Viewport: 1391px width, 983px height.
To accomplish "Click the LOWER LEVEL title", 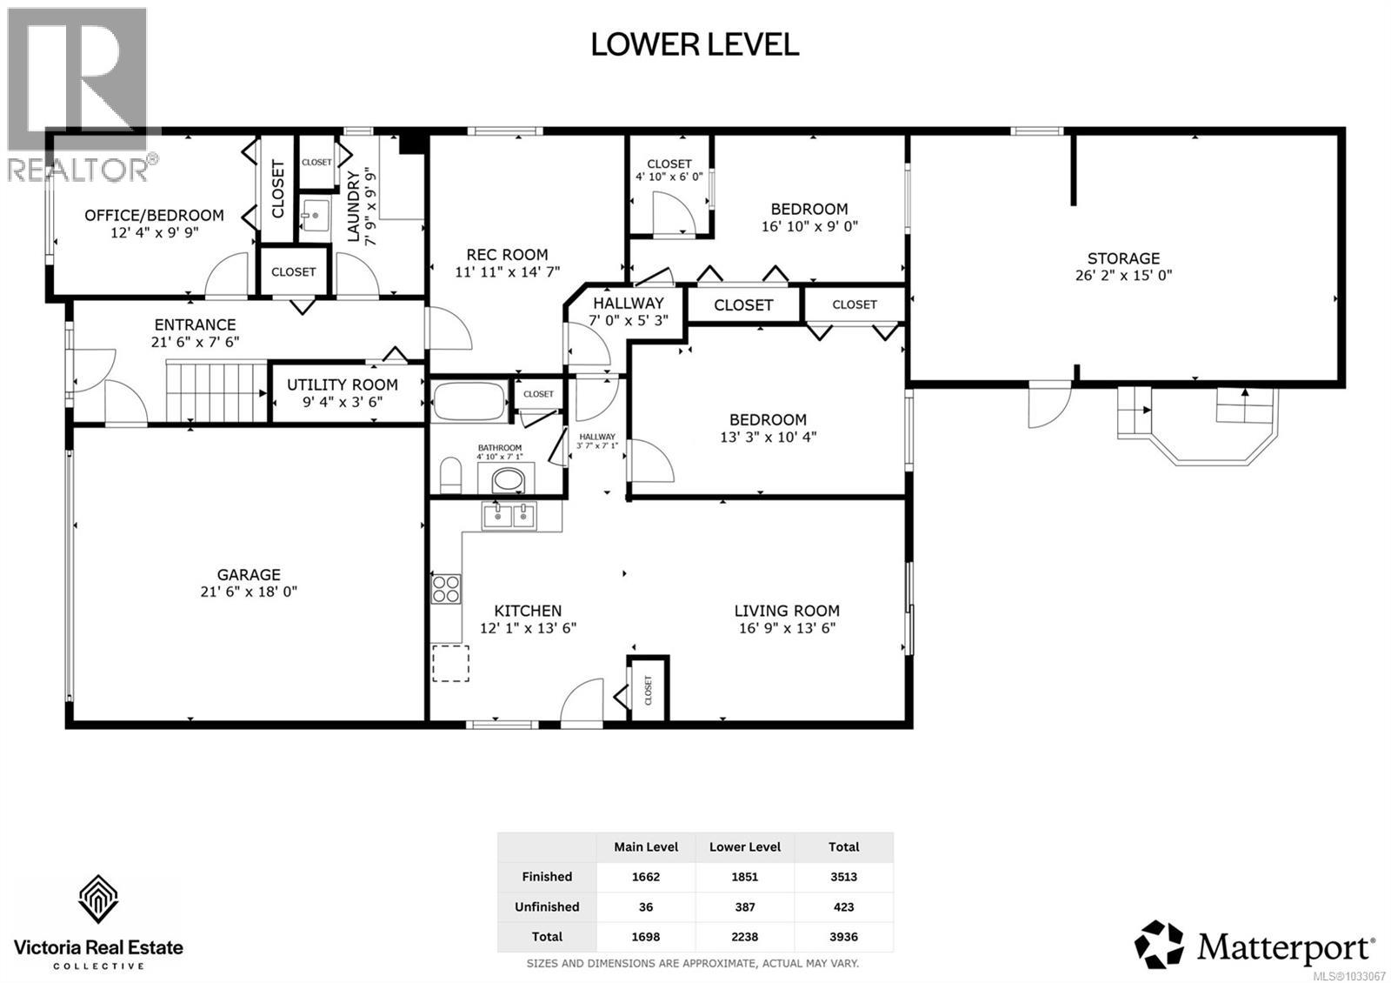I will pyautogui.click(x=695, y=44).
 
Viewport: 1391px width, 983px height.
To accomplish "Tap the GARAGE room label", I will pyautogui.click(x=249, y=574).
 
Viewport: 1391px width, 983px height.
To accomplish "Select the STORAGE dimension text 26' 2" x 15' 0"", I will pyautogui.click(x=1123, y=276).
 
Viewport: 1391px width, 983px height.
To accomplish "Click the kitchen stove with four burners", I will pyautogui.click(x=446, y=589).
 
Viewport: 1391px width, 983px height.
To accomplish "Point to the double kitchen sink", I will pyautogui.click(x=510, y=516).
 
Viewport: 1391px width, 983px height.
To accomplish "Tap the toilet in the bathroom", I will pyautogui.click(x=449, y=477).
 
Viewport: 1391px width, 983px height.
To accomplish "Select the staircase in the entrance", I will pyautogui.click(x=216, y=391).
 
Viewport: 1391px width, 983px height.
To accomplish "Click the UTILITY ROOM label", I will pyautogui.click(x=343, y=385).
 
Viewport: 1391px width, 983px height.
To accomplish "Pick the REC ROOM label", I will pyautogui.click(x=507, y=255).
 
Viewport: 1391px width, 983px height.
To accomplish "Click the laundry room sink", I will pyautogui.click(x=315, y=214).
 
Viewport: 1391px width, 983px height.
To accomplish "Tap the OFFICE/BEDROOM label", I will pyautogui.click(x=154, y=215).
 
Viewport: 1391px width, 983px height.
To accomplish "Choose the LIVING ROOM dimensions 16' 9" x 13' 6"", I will pyautogui.click(x=787, y=628).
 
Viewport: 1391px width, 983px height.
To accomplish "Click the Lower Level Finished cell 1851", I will pyautogui.click(x=744, y=877).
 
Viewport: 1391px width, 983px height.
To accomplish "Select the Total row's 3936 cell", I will pyautogui.click(x=843, y=937).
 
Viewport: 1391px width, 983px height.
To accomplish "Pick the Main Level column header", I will pyautogui.click(x=646, y=846).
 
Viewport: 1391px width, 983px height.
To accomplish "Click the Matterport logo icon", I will pyautogui.click(x=1160, y=944).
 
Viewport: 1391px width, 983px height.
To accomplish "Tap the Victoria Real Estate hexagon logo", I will pyautogui.click(x=98, y=899).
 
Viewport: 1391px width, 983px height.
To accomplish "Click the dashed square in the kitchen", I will pyautogui.click(x=450, y=663).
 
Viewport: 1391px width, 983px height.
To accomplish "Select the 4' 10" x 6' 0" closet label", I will pyautogui.click(x=669, y=177).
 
